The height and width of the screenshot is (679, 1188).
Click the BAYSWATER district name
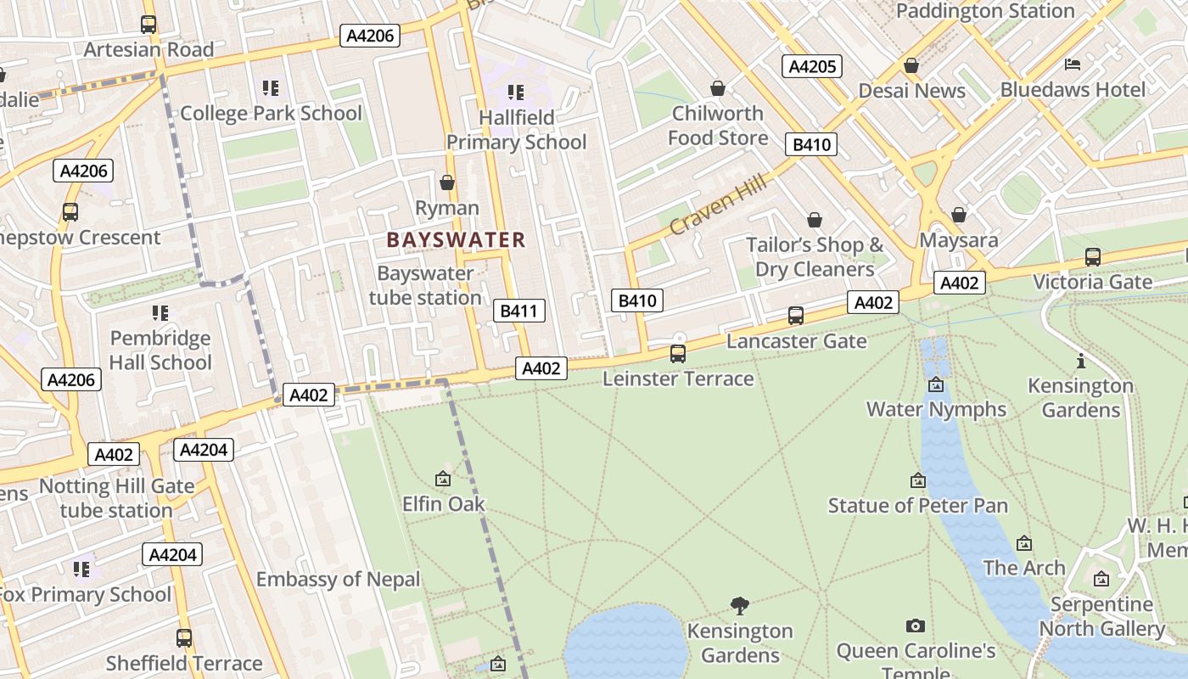pos(457,240)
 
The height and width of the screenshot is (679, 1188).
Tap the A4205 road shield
pos(812,66)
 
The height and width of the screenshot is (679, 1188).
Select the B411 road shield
pos(518,311)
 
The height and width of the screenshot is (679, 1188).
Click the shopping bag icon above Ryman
pos(447,182)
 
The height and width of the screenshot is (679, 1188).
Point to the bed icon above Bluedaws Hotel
pos(1073,65)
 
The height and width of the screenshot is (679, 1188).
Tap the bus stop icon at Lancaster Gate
pos(796,316)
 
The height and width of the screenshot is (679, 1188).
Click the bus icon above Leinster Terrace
pos(677,353)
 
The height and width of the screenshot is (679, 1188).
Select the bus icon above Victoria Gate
pos(1093,256)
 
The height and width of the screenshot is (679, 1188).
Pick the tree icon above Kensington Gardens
pos(740,605)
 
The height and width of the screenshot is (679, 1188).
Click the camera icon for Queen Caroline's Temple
pos(915,626)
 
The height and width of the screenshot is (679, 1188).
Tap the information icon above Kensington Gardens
pos(1080,362)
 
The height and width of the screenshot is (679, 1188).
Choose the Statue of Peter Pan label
pos(918,506)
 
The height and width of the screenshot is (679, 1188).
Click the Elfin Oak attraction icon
pos(443,480)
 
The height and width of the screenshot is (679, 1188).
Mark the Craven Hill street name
pos(718,205)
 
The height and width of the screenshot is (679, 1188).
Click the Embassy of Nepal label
pos(338,580)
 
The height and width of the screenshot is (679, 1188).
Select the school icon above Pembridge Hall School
pos(160,313)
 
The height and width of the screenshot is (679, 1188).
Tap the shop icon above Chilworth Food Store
pos(718,88)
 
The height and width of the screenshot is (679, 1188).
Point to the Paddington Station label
pos(985,11)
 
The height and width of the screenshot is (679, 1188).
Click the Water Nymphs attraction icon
pos(936,384)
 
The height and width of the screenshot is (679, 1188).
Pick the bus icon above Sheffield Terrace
pos(184,637)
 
